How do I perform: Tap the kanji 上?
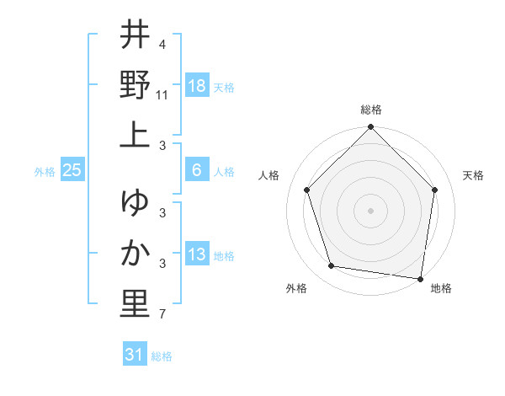click(136, 135)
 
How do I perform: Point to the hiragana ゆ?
click(136, 203)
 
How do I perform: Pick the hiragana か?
click(136, 254)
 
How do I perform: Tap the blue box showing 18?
click(197, 86)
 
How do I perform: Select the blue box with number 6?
click(197, 170)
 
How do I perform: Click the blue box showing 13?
click(197, 255)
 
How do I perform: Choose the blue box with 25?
click(72, 170)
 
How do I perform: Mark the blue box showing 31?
click(135, 355)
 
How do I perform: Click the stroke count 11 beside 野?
click(163, 95)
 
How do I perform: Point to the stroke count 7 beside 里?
click(162, 315)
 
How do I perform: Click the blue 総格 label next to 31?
click(162, 356)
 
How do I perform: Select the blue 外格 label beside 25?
click(45, 172)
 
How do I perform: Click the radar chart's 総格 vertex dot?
click(370, 128)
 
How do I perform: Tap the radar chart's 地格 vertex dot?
click(420, 278)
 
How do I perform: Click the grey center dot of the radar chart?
click(370, 210)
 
